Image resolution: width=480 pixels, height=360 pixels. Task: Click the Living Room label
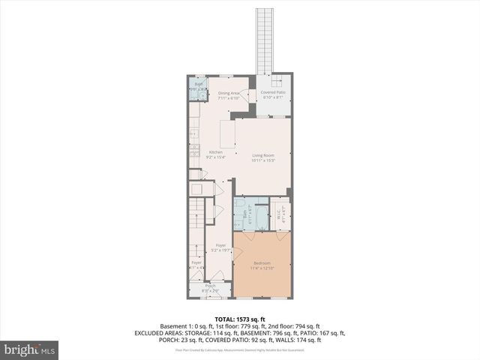(262, 155)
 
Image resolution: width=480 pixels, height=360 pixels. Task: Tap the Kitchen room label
(215, 152)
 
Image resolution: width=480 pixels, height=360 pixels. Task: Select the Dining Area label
(228, 93)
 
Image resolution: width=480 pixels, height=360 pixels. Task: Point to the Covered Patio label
(274, 93)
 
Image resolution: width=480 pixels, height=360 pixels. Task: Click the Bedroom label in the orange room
(262, 262)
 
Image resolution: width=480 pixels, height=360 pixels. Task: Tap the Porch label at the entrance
(211, 286)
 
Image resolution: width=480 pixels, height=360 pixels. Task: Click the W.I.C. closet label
(277, 211)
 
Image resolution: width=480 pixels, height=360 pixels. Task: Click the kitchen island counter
(226, 134)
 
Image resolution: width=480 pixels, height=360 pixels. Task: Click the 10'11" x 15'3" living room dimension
(262, 160)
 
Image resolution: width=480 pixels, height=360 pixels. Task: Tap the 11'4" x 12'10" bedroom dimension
(262, 268)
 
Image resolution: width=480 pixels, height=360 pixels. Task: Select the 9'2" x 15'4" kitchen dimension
(215, 157)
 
